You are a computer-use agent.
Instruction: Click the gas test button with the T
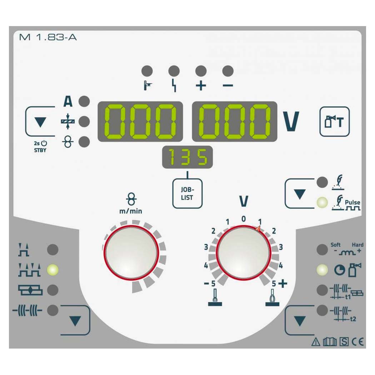pos(334,121)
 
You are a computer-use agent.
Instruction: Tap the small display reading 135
pos(187,157)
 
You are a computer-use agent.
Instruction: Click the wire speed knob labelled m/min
pos(131,252)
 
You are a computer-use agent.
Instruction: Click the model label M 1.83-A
pos(48,37)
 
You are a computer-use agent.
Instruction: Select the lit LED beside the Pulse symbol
pos(322,202)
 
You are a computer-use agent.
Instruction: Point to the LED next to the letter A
pos(84,101)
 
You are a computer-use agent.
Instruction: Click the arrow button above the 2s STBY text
pos(40,121)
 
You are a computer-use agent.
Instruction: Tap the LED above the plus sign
pos(201,71)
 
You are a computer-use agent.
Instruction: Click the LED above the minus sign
pos(228,71)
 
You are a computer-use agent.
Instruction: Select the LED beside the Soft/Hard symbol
pos(322,250)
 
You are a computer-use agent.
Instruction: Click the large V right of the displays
pos(291,121)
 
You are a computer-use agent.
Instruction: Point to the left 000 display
pos(140,121)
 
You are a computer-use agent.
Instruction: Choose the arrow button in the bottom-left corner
pos(75,320)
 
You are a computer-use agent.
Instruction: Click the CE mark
pos(357,342)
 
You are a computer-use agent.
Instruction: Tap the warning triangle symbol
pos(316,342)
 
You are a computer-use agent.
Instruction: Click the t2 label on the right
pos(353,319)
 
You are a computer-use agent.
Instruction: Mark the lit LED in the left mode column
pos(52,270)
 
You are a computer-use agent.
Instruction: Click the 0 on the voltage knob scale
pos(244,219)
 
